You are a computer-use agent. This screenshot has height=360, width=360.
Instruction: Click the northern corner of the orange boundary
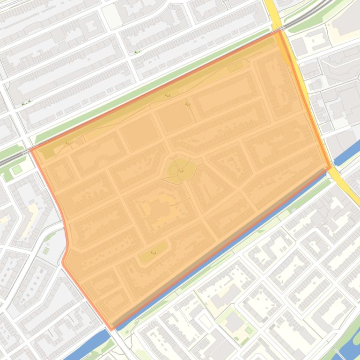click(279, 31)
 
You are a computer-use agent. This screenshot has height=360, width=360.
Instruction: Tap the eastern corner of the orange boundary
click(331, 166)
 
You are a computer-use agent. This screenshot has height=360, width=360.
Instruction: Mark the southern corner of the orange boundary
click(111, 329)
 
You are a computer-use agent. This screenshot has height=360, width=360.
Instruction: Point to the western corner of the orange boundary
click(31, 150)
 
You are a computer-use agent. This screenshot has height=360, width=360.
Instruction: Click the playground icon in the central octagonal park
click(181, 171)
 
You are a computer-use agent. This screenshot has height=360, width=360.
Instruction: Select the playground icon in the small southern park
click(153, 252)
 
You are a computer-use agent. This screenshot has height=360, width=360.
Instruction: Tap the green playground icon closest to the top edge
click(137, 52)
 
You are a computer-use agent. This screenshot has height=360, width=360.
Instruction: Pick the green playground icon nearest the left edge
click(26, 101)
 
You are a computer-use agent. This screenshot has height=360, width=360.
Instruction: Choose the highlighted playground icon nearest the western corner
click(68, 143)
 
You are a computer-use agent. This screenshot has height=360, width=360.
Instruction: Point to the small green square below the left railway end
click(17, 170)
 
